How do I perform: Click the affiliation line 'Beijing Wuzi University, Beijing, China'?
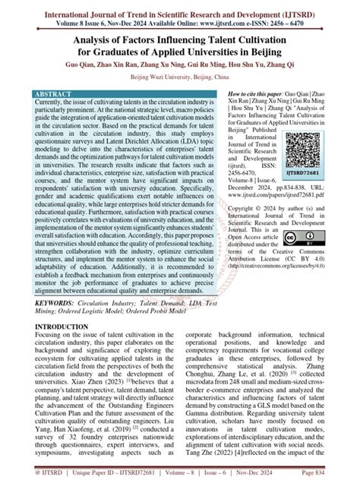click(x=179, y=78)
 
